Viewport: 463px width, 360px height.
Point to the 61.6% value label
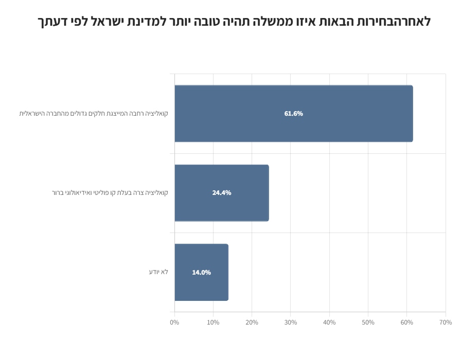(x=293, y=114)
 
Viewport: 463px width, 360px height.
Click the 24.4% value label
(x=222, y=193)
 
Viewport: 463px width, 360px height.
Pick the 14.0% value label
(x=201, y=273)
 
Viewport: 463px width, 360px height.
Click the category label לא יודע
(x=158, y=272)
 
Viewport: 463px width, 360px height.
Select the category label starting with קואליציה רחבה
(x=94, y=113)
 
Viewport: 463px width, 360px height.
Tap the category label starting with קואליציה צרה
(x=110, y=193)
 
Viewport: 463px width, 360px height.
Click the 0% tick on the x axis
(x=174, y=322)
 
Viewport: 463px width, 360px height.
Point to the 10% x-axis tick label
(x=213, y=322)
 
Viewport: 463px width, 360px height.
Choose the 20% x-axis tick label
(x=252, y=322)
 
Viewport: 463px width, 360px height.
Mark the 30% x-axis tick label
(x=291, y=322)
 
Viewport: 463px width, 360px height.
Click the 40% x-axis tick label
(x=329, y=322)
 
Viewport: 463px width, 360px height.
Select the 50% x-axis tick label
(x=368, y=322)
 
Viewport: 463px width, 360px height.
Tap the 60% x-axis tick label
(x=407, y=322)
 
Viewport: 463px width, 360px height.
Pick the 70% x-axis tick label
(x=446, y=322)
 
